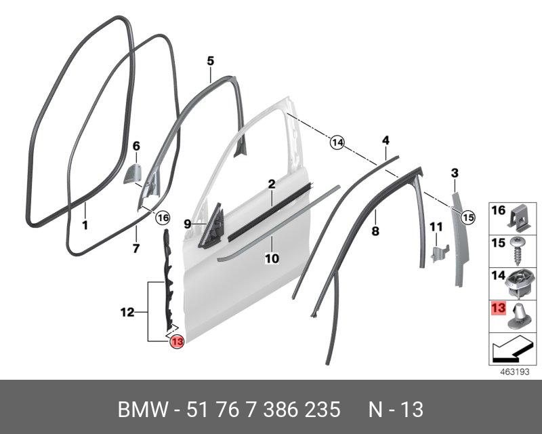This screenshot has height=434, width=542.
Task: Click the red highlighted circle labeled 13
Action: coord(176,342)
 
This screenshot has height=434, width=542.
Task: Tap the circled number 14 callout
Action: coord(337,143)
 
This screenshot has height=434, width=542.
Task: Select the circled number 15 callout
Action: coord(467,217)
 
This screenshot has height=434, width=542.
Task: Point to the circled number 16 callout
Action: coord(161,218)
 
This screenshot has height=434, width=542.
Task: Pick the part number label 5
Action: coord(210,61)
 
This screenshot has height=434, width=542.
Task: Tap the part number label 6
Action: coord(135,146)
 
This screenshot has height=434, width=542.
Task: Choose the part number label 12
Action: coord(127,313)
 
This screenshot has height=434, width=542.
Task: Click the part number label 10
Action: coord(271,258)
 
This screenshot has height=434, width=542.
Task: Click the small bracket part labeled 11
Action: coord(437,254)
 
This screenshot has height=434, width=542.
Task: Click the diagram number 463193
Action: coord(514,372)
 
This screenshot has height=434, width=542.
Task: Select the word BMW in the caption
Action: coord(144,410)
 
